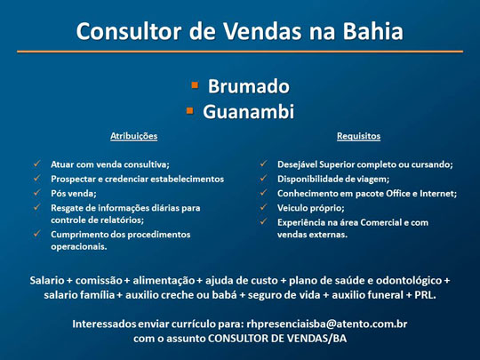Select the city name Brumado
[x=248, y=86]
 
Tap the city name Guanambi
[x=248, y=112]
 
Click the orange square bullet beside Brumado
[x=195, y=86]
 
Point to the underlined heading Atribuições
[x=133, y=136]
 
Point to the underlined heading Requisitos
[x=358, y=136]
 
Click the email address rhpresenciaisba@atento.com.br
[x=326, y=324]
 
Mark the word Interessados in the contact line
[x=106, y=324]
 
